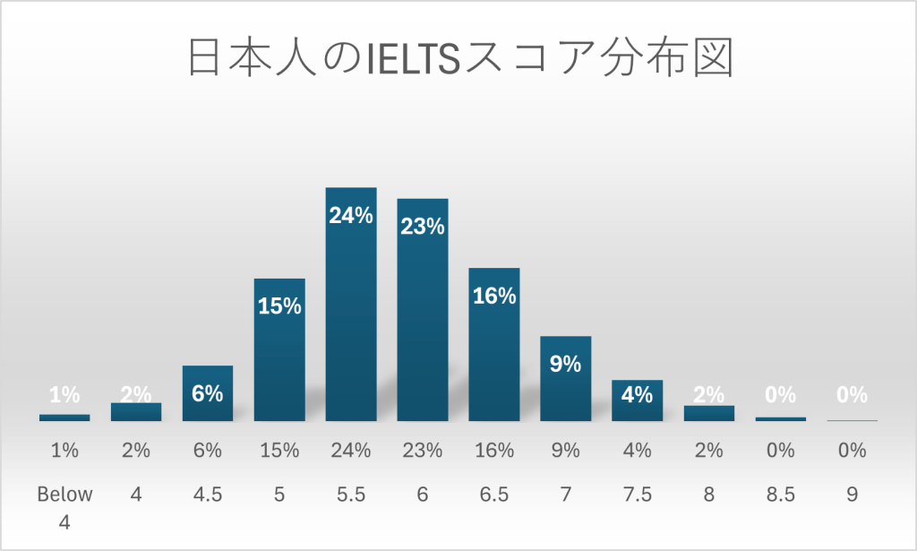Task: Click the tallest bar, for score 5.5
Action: (351, 305)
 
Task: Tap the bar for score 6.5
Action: (494, 345)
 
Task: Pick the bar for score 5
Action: (279, 349)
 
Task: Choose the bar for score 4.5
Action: (208, 394)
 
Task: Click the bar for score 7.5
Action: (638, 400)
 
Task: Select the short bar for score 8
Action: (709, 413)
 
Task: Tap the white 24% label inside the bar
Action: (351, 215)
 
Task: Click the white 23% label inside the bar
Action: (423, 226)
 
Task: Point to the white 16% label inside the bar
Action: (494, 296)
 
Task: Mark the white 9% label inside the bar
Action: (566, 364)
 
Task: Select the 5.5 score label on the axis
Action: (351, 494)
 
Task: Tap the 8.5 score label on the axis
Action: (781, 494)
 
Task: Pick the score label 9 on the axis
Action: (853, 494)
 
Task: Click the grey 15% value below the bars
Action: (279, 451)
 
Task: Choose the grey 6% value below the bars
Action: (208, 451)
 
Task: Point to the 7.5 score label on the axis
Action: (638, 494)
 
